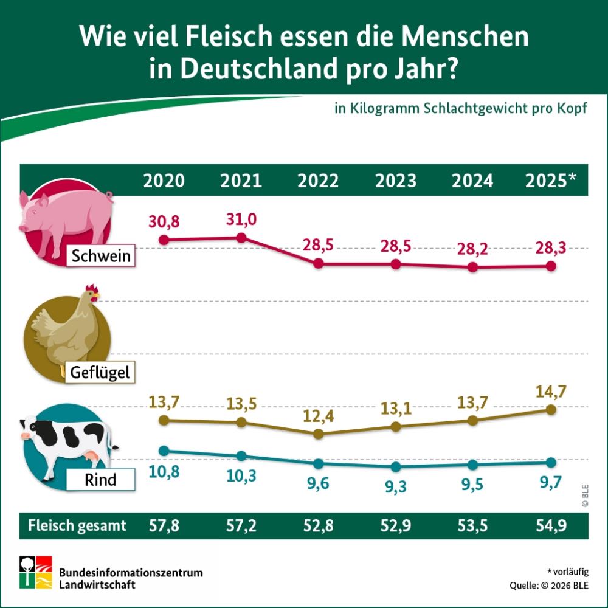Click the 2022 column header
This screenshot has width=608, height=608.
pos(318,181)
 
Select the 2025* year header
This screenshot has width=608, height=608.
pos(551,181)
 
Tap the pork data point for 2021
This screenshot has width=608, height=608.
pos(241,238)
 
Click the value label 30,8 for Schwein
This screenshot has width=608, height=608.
pos(164,222)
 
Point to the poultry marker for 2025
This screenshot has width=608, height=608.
pos(551,410)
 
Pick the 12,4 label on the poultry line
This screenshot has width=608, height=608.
pos(318,418)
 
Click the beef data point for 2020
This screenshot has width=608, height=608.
pos(163,451)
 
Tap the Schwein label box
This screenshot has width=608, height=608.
pos(101,256)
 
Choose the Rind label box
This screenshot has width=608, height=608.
pos(100,481)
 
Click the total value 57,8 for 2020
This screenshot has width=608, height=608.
pos(164,526)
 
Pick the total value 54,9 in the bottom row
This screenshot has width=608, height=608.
pos(551,526)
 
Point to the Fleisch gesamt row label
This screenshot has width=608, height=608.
pos(77,526)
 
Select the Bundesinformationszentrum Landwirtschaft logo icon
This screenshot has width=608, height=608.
pos(35,572)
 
